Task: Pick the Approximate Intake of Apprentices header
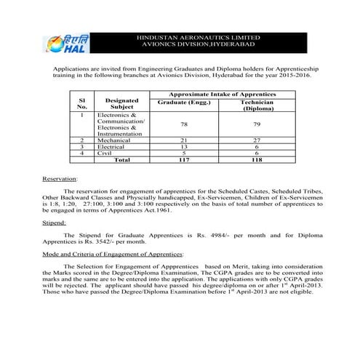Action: coord(212,95)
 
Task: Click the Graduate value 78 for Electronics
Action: coord(174,124)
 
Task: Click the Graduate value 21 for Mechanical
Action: coord(174,140)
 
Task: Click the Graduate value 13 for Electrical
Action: coord(174,146)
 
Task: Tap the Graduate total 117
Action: coord(174,159)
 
